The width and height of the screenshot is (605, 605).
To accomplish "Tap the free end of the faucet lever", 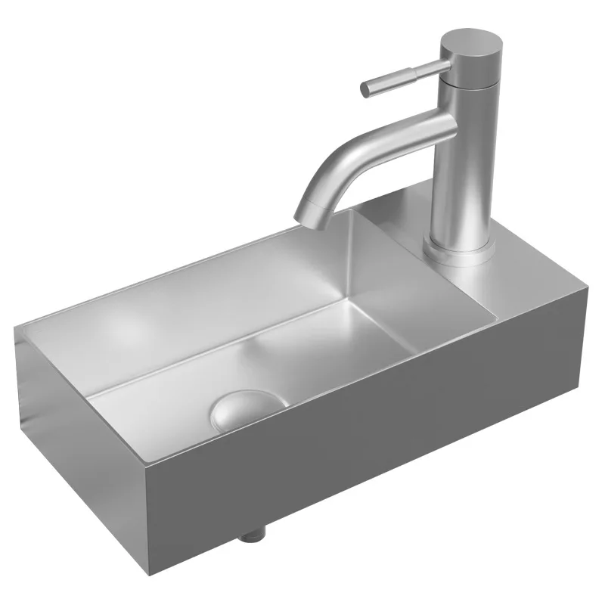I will pos(366,89).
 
